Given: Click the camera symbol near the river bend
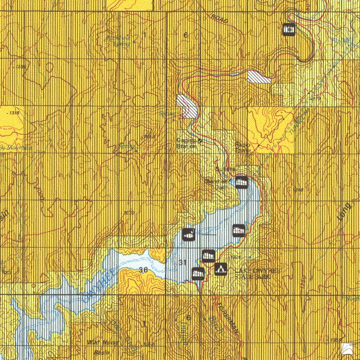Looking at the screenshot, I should coord(289,29).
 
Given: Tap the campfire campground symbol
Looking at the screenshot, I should coord(220,268).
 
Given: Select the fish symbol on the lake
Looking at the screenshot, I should coord(188,234).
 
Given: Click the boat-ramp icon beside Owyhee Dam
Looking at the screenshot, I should coord(241,181).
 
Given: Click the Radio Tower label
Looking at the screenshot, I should coord(243,147).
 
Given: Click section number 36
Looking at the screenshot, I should coord(143,270).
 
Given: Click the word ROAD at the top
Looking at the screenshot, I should coord(219,18).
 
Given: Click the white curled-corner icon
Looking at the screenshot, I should coord(347,348).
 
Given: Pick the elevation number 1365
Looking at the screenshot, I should coord(335,339).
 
